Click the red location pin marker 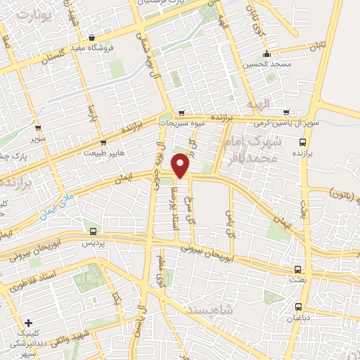click(181, 164)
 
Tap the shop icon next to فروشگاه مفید click(92, 38)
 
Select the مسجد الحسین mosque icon click(266, 56)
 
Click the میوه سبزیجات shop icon click(181, 112)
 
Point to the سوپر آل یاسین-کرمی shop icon click(286, 112)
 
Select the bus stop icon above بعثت click(298, 269)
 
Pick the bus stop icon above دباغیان click(299, 307)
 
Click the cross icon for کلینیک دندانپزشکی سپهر click(28, 323)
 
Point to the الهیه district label click(258, 105)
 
